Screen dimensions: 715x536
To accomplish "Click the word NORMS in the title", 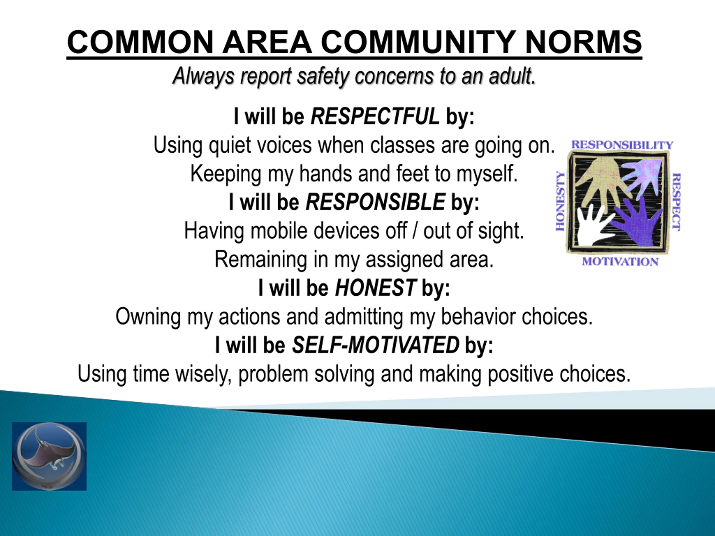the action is tap(583, 42).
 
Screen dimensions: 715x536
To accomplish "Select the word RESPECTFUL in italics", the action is tap(375, 116).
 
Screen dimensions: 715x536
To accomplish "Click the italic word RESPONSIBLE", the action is tap(375, 202).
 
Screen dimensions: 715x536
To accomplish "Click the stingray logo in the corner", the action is tap(49, 456).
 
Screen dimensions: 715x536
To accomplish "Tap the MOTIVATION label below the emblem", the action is tap(620, 262).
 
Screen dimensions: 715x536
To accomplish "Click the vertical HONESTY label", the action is tap(561, 201).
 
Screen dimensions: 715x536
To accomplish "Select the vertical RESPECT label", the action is tap(676, 202).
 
